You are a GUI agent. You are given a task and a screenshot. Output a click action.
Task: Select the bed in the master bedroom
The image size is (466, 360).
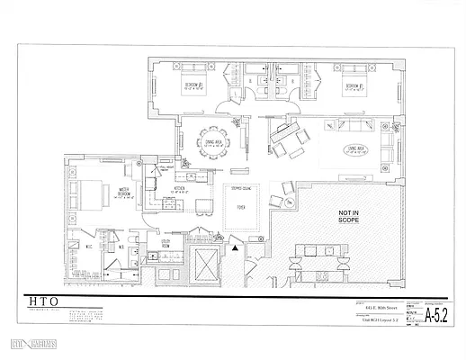[x=91, y=192]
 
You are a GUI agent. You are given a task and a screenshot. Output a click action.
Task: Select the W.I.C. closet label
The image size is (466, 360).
[x=89, y=247]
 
